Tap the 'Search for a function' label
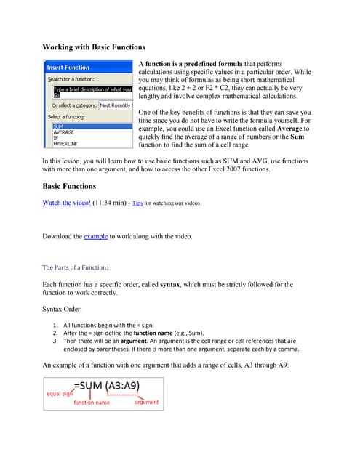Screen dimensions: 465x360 point(71,78)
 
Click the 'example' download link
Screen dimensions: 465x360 point(96,236)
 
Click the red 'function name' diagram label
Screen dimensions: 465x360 point(92,402)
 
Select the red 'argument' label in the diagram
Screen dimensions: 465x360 point(146,402)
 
